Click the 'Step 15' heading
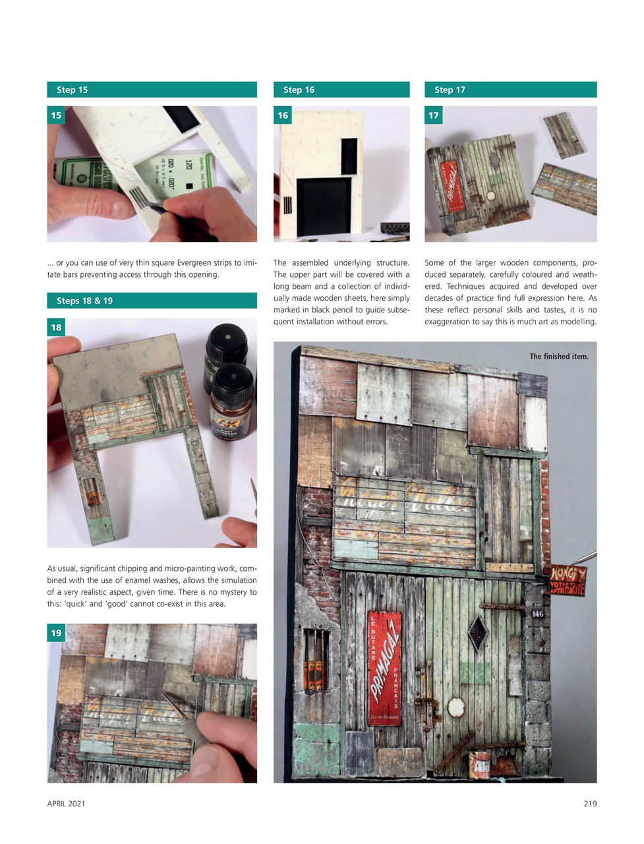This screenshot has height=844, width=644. (72, 90)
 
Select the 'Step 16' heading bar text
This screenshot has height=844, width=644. (299, 90)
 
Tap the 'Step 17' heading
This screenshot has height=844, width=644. (450, 90)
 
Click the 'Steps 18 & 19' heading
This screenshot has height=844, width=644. (84, 301)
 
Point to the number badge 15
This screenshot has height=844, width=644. (56, 115)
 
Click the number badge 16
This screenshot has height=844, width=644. (283, 115)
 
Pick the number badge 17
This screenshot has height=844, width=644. (434, 115)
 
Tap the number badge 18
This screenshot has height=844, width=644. (56, 327)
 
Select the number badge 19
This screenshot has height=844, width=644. (56, 633)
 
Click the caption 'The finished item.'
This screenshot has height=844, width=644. (559, 357)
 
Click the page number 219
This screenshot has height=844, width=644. (590, 803)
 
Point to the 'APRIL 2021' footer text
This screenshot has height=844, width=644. (66, 803)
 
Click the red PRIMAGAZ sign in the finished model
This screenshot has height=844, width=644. (384, 668)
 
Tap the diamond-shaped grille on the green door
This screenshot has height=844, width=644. (477, 632)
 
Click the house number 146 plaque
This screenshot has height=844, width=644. (538, 614)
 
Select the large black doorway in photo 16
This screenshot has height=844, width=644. (324, 207)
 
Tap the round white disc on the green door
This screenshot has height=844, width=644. (455, 707)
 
